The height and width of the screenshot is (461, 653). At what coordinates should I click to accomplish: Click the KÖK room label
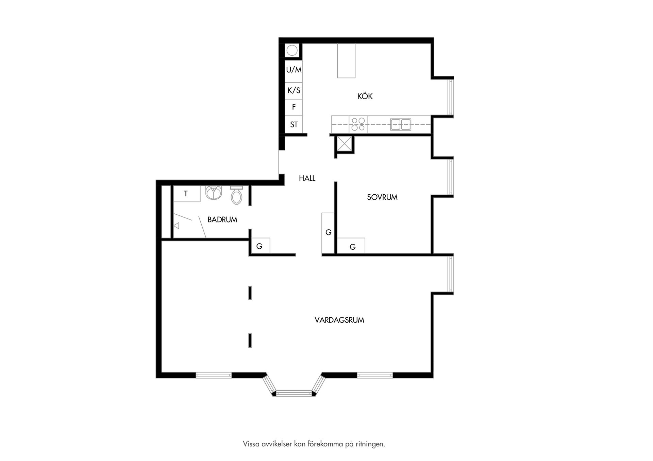pyautogui.click(x=365, y=96)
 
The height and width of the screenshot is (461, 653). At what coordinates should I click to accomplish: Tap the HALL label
pyautogui.click(x=307, y=178)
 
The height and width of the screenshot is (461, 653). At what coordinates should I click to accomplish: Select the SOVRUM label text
pyautogui.click(x=382, y=197)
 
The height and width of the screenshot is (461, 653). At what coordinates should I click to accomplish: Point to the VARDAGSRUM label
pyautogui.click(x=339, y=320)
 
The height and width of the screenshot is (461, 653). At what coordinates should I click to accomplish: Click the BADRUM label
pyautogui.click(x=222, y=220)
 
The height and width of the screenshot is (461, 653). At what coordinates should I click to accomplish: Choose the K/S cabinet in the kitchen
pyautogui.click(x=294, y=91)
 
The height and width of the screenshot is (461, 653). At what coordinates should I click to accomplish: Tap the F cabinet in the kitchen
pyautogui.click(x=294, y=107)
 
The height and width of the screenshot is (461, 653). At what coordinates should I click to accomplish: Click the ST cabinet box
pyautogui.click(x=294, y=125)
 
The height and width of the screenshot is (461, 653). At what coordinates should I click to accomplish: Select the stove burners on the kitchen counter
pyautogui.click(x=358, y=124)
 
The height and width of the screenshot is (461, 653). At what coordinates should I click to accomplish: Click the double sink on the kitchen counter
pyautogui.click(x=401, y=125)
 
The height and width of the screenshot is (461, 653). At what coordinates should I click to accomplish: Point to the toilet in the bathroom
pyautogui.click(x=236, y=195)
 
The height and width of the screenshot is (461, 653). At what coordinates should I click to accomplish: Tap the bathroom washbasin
pyautogui.click(x=214, y=193)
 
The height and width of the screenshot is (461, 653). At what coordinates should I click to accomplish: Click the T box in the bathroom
pyautogui.click(x=187, y=194)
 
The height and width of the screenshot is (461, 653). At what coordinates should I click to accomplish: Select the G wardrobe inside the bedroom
pyautogui.click(x=351, y=246)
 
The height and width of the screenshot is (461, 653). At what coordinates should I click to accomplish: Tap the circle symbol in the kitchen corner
pyautogui.click(x=292, y=51)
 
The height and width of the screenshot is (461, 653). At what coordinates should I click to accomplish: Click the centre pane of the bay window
pyautogui.click(x=294, y=393)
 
